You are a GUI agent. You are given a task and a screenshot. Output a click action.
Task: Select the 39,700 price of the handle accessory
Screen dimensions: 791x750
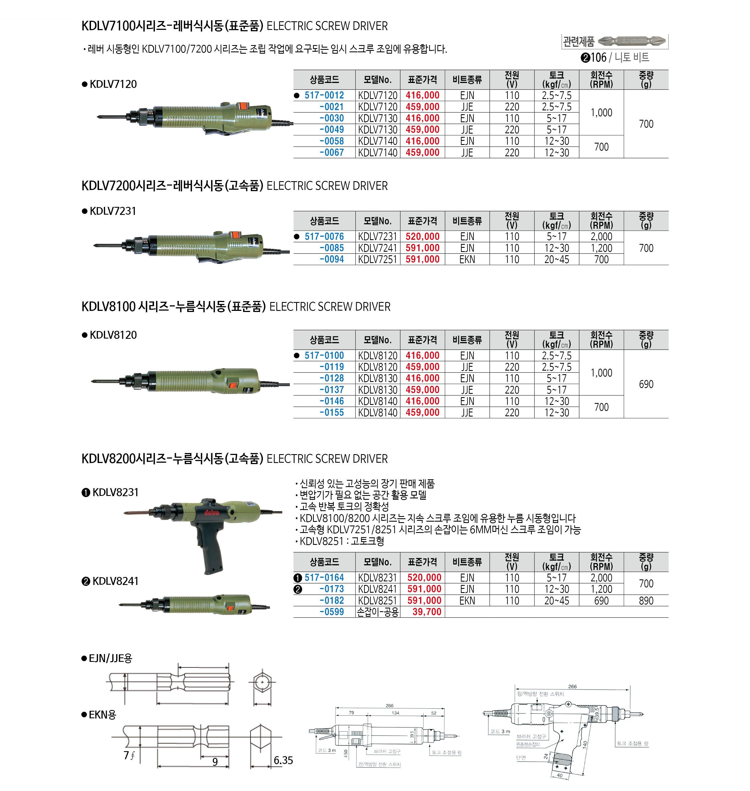click(426, 612)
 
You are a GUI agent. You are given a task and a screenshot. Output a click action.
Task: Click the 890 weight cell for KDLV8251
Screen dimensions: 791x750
click(646, 601)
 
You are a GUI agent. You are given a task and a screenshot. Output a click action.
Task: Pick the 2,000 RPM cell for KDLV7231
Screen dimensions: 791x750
click(601, 236)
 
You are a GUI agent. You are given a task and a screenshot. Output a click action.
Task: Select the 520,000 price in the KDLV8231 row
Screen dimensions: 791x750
click(424, 577)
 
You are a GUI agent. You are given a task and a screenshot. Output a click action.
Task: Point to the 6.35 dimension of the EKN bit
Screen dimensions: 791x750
click(283, 760)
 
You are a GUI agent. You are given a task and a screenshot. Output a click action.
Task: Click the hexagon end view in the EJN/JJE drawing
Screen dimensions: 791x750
click(262, 682)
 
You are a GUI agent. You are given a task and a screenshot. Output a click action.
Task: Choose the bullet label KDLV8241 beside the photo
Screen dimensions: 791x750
click(115, 581)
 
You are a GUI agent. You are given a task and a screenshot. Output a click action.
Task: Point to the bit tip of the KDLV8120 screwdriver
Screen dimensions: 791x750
click(94, 381)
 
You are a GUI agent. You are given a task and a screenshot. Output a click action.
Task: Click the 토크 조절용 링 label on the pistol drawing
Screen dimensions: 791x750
click(632, 743)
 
